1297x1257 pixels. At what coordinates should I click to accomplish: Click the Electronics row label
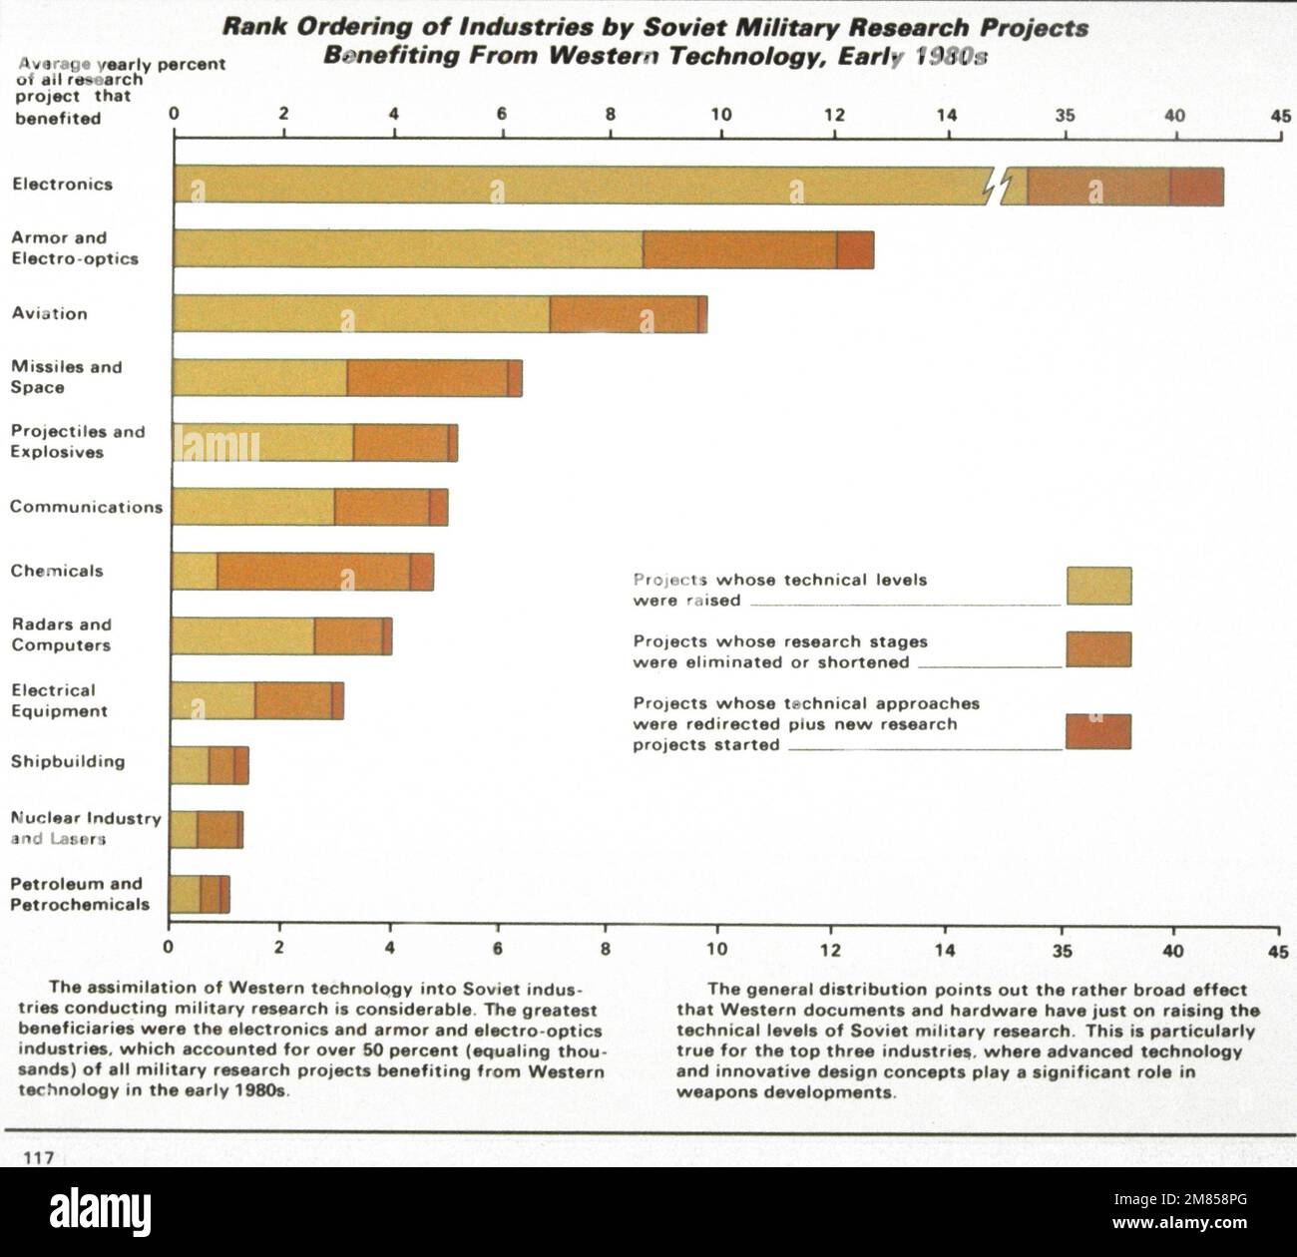pos(62,185)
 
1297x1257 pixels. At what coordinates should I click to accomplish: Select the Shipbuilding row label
pos(68,762)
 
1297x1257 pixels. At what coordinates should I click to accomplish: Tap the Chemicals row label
pos(57,572)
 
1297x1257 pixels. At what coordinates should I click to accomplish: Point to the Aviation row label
pos(50,313)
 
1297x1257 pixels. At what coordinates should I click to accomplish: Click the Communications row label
pos(86,507)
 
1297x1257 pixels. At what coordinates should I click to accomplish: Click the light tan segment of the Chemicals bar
pos(195,571)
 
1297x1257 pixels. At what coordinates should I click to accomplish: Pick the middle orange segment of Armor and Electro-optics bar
pos(739,249)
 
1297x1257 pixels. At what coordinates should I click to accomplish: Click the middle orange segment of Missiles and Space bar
pos(427,378)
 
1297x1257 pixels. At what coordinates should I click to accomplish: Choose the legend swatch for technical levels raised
pos(1098,586)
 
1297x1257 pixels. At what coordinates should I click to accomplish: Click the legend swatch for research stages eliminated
pos(1098,649)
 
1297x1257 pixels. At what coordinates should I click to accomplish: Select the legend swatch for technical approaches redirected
pos(1098,731)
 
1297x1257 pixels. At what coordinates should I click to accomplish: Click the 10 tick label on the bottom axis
pos(716,950)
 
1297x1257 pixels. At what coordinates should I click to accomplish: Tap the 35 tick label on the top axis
pos(1066,115)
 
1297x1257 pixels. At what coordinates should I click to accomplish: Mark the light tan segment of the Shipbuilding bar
pos(190,765)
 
